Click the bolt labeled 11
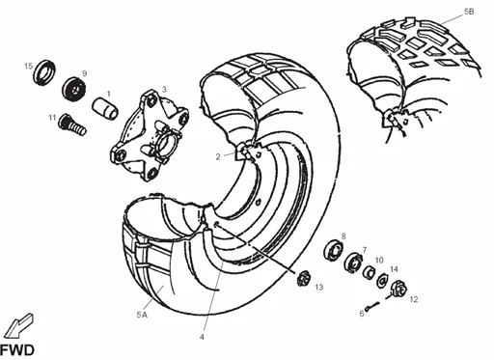coord(70,123)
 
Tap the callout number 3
coord(165,89)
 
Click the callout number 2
coord(218,155)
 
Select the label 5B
coord(469,11)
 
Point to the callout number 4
coord(202,337)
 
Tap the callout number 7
coord(364,249)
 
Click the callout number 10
coord(379,260)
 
